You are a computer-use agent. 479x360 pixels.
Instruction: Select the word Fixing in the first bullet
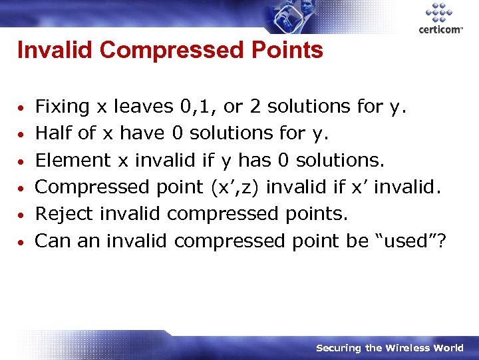(x=62, y=107)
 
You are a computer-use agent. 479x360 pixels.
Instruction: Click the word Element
(x=73, y=160)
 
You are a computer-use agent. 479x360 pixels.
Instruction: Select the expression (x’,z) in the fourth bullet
(x=238, y=187)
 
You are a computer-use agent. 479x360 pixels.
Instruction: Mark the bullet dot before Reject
(x=22, y=215)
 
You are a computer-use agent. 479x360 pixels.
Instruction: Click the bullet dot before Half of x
(x=22, y=135)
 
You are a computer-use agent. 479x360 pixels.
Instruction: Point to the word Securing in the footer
(x=339, y=348)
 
